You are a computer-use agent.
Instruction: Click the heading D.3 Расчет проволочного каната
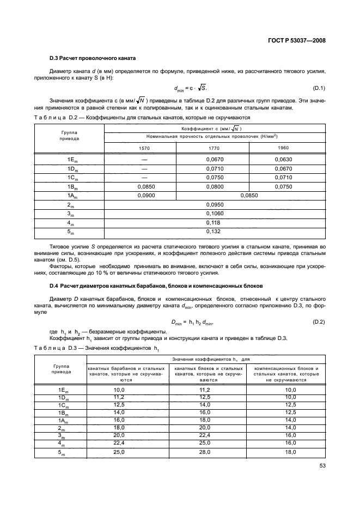pyautogui.click(x=92, y=58)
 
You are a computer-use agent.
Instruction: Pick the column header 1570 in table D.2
pyautogui.click(x=144, y=148)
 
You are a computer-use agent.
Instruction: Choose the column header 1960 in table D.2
pyautogui.click(x=283, y=148)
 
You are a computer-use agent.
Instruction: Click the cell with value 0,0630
pyautogui.click(x=283, y=159)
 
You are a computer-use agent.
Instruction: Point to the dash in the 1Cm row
pyautogui.click(x=144, y=178)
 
